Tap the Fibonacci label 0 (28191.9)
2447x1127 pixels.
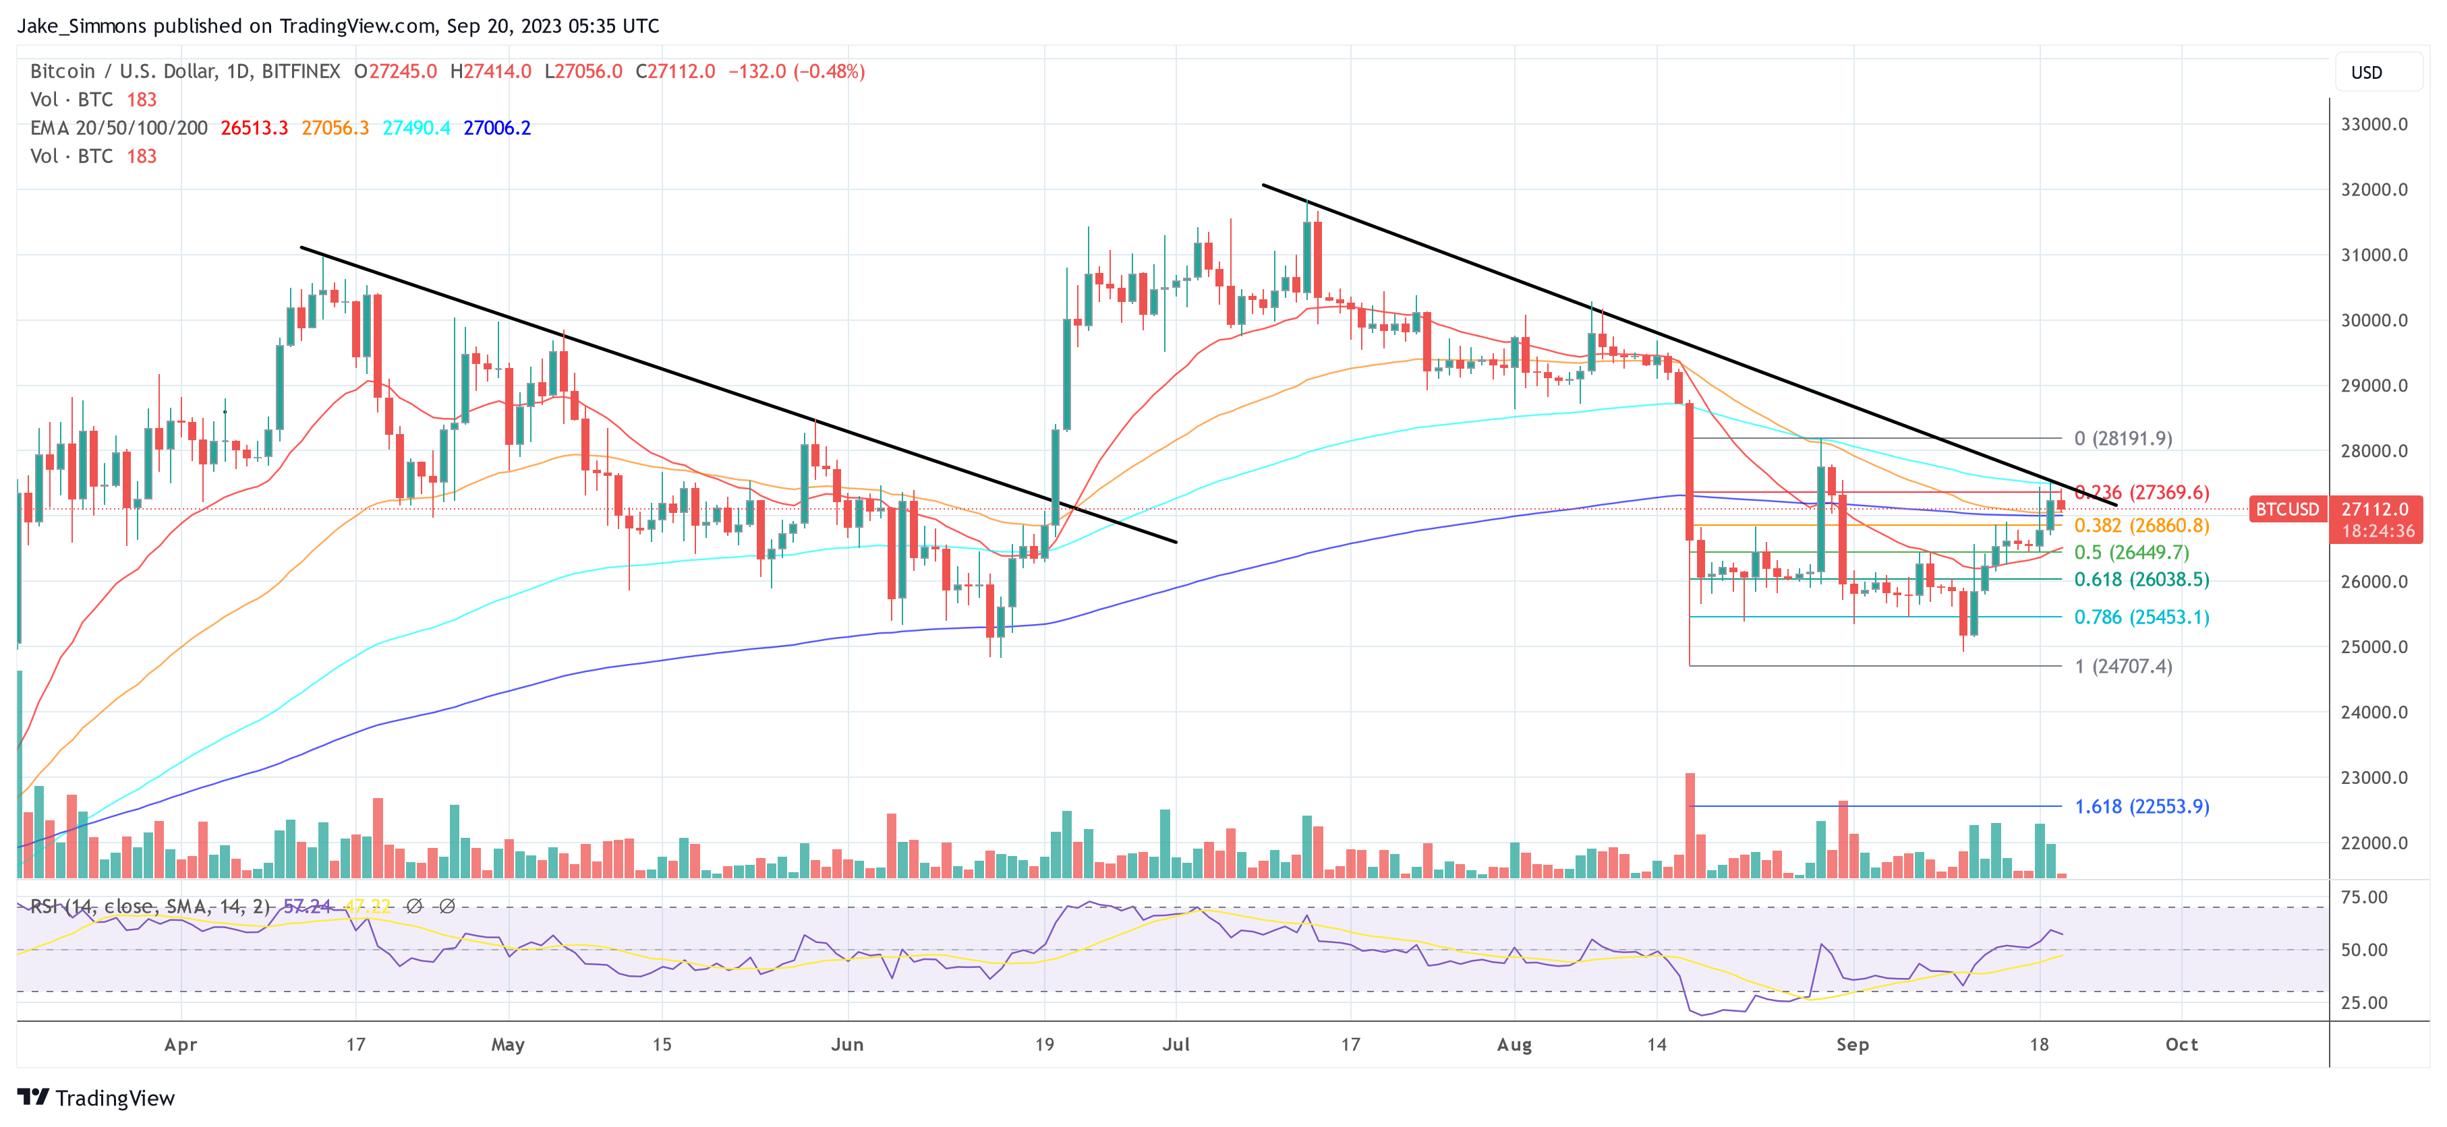[2123, 439]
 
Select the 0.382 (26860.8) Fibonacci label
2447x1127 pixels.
[2141, 526]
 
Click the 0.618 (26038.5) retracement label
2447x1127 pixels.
[2141, 579]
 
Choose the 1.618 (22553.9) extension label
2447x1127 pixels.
[2141, 806]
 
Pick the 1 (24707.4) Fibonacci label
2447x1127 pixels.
[2123, 667]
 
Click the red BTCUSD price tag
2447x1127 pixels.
[2286, 510]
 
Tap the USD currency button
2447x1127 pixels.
[2365, 73]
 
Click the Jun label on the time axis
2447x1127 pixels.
[847, 1044]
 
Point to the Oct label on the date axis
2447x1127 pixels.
[2181, 1044]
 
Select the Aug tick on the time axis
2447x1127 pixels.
[1514, 1044]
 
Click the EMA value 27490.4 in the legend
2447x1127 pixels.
[416, 128]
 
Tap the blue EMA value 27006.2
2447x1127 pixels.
[497, 128]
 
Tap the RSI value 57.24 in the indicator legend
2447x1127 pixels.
[307, 907]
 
